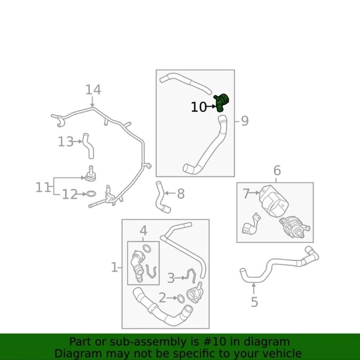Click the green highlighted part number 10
[x=221, y=101]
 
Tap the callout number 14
[x=93, y=90]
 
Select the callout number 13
[x=65, y=142]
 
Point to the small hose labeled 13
[x=88, y=145]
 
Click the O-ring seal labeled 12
[x=90, y=194]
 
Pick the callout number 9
[x=244, y=121]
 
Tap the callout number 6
[x=277, y=171]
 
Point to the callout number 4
[x=143, y=231]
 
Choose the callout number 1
[x=114, y=268]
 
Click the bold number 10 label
[x=198, y=107]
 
